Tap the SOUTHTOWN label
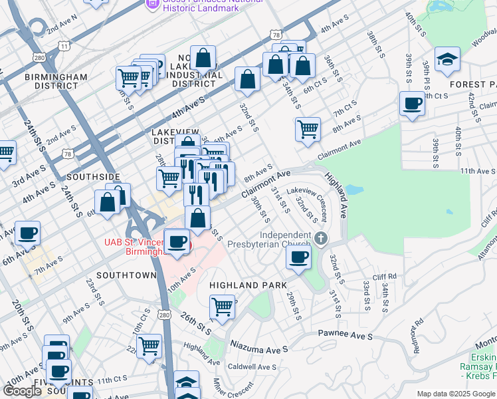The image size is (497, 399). [126, 275]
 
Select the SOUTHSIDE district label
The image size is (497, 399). [94, 177]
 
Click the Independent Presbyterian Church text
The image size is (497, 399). [286, 239]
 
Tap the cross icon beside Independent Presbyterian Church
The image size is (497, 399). [321, 238]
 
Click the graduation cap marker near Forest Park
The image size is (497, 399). [448, 60]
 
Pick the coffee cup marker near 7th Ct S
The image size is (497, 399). [412, 104]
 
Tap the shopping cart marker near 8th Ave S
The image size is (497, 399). [308, 129]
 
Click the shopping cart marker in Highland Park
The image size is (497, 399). [223, 307]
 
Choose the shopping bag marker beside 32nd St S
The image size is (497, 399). [247, 79]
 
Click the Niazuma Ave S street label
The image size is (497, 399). [259, 347]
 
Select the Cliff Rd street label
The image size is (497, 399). [384, 276]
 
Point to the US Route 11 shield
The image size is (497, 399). [64, 46]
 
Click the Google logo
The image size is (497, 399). [22, 391]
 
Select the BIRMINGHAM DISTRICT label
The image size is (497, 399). [56, 81]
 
